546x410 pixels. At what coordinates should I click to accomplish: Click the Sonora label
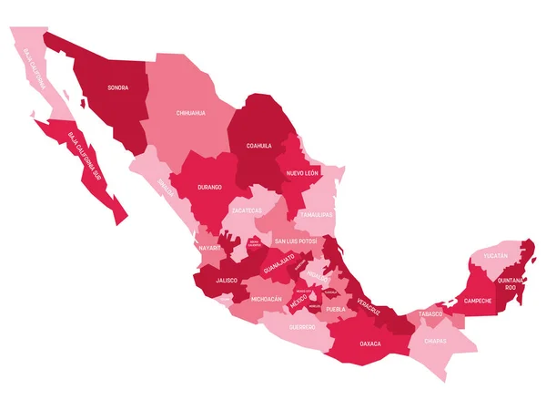[117, 88]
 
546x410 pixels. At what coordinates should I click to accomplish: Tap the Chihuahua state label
[191, 113]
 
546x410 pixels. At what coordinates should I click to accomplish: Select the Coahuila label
[258, 145]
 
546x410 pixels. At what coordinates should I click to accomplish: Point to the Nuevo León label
[301, 172]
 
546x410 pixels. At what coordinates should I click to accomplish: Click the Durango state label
[208, 187]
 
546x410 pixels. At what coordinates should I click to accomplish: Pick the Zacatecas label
[248, 210]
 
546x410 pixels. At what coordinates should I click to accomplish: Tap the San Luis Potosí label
[296, 241]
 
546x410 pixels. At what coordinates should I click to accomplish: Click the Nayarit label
[209, 247]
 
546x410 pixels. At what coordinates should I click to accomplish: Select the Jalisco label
[227, 281]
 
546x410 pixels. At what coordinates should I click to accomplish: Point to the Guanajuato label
[279, 264]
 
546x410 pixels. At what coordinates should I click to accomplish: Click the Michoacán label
[267, 298]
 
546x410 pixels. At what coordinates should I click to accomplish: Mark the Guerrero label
[302, 325]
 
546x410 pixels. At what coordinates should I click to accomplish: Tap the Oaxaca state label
[370, 343]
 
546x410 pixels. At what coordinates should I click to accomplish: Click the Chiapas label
[434, 341]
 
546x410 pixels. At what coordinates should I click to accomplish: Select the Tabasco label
[430, 314]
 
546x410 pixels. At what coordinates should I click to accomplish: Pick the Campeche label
[478, 300]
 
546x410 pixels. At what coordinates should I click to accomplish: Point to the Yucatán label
[496, 257]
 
